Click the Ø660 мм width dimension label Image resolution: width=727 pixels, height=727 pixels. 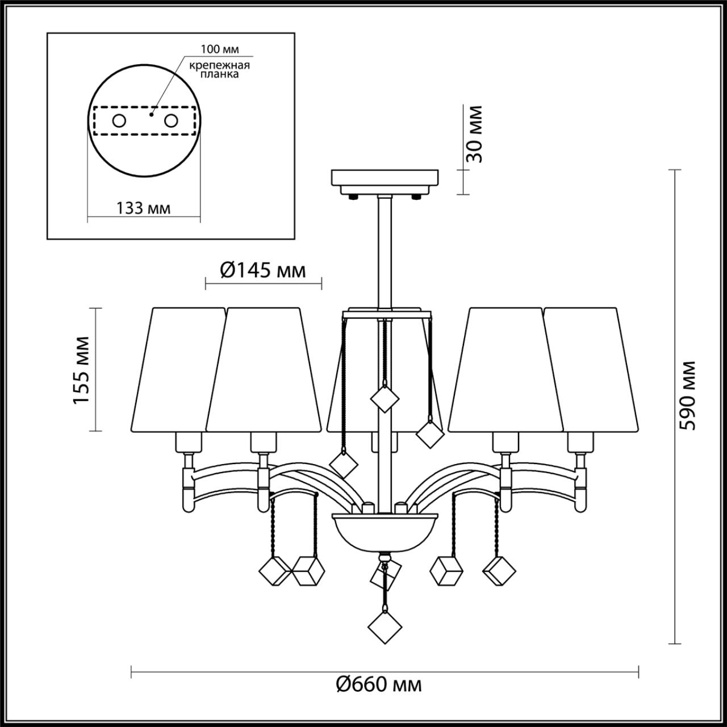tap(379, 684)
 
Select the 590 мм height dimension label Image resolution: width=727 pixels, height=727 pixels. tap(690, 395)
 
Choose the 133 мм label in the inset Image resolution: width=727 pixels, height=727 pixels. tap(144, 208)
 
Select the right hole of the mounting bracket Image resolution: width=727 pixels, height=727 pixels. tap(170, 120)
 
